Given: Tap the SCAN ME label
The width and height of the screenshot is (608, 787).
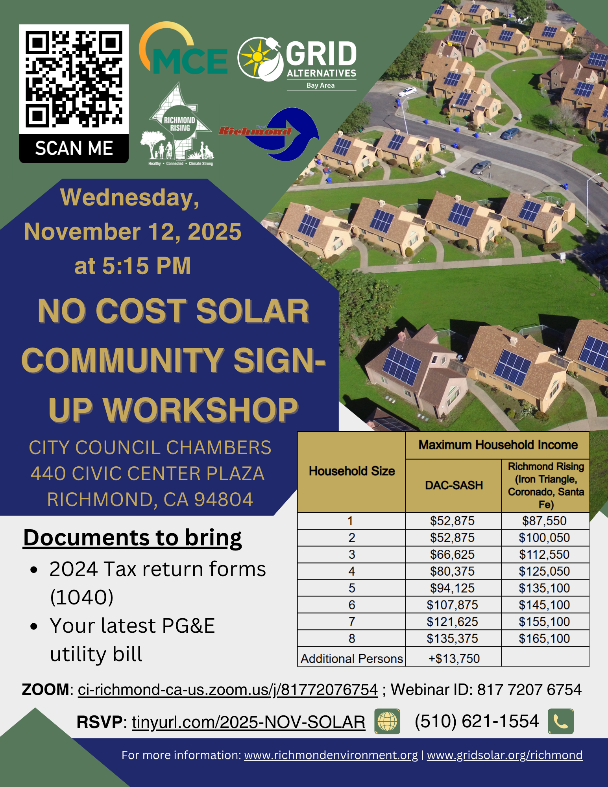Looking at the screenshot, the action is click(x=74, y=148).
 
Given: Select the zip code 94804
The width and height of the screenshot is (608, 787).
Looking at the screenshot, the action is click(x=224, y=499).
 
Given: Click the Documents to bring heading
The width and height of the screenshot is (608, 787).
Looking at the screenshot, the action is click(x=133, y=538).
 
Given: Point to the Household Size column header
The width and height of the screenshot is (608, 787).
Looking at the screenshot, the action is click(x=352, y=471).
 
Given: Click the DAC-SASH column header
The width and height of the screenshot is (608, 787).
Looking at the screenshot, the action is click(x=454, y=485).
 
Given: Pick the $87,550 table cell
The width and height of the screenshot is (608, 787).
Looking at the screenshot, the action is click(x=545, y=521).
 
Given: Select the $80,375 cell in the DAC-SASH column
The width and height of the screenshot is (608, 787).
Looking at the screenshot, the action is click(x=453, y=571).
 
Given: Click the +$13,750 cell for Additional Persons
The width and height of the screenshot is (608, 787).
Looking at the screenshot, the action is click(x=454, y=659).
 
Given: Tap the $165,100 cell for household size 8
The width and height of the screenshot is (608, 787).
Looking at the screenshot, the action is click(x=545, y=639).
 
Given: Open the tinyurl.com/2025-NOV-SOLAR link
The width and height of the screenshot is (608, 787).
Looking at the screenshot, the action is click(x=248, y=722).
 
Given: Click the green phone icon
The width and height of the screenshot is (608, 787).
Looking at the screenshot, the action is click(x=561, y=722).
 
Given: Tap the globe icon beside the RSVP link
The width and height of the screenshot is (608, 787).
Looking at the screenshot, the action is click(x=387, y=722).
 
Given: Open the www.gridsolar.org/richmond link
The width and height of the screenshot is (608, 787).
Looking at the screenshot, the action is click(x=505, y=755).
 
